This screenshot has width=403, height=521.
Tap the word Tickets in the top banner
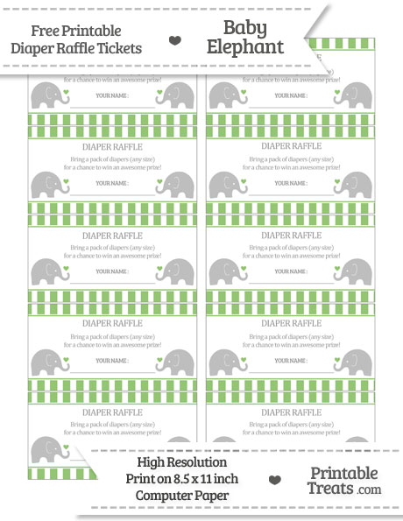118,48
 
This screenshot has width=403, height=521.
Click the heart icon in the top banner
175,40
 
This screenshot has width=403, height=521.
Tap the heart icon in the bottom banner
274,480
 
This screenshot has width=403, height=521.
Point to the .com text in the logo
369,490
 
